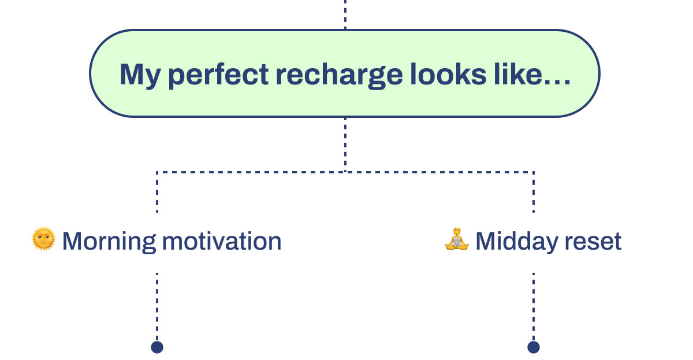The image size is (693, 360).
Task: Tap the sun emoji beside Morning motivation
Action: pos(43,239)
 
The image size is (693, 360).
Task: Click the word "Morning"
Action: pos(109,241)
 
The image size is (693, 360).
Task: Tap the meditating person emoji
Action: pos(457,239)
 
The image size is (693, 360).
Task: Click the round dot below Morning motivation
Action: pos(157,347)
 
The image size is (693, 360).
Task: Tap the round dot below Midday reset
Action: pos(534,347)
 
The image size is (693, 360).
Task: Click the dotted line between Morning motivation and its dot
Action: pos(157,303)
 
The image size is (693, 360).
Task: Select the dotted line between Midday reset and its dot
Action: pos(534,303)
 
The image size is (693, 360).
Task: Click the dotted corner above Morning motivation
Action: pos(157,172)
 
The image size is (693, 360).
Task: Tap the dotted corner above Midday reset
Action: pos(534,172)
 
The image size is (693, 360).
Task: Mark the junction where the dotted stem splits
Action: pos(345,172)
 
